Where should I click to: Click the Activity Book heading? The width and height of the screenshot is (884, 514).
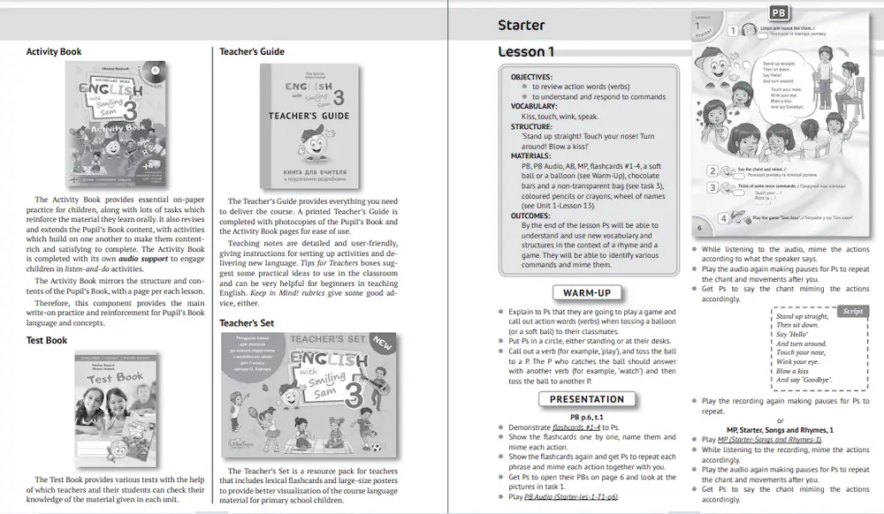[x=54, y=51]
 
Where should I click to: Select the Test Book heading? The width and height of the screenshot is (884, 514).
[x=47, y=340]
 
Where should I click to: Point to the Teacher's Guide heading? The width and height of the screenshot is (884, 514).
[x=252, y=51]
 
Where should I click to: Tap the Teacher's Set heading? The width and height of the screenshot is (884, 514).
[x=247, y=322]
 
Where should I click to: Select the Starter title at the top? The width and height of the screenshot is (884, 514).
[x=521, y=25]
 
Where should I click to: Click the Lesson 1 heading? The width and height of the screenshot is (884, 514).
[x=526, y=51]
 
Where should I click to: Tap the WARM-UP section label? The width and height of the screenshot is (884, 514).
[x=587, y=292]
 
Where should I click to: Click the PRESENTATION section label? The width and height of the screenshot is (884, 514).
[x=587, y=399]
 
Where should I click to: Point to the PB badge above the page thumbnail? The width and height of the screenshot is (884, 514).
[x=778, y=12]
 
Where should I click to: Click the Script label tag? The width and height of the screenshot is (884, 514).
[x=852, y=311]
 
